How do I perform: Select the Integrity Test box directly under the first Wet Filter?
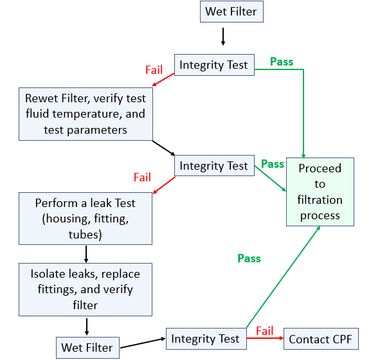(213, 65)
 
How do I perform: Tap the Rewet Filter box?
(86, 114)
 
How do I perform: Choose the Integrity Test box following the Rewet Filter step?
(213, 166)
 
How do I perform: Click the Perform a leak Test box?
(86, 219)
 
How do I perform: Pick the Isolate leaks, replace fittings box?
(86, 289)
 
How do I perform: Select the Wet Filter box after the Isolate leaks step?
(87, 348)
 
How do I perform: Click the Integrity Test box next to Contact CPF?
(205, 339)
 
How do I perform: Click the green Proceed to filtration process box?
(320, 192)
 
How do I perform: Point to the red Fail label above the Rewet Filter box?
(154, 70)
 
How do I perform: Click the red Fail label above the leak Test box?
(142, 177)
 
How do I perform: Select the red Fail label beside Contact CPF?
(265, 331)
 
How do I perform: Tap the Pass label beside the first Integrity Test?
(281, 62)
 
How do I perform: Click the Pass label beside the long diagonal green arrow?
(249, 258)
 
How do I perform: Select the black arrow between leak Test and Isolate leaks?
(86, 253)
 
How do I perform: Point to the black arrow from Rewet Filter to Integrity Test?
(164, 147)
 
